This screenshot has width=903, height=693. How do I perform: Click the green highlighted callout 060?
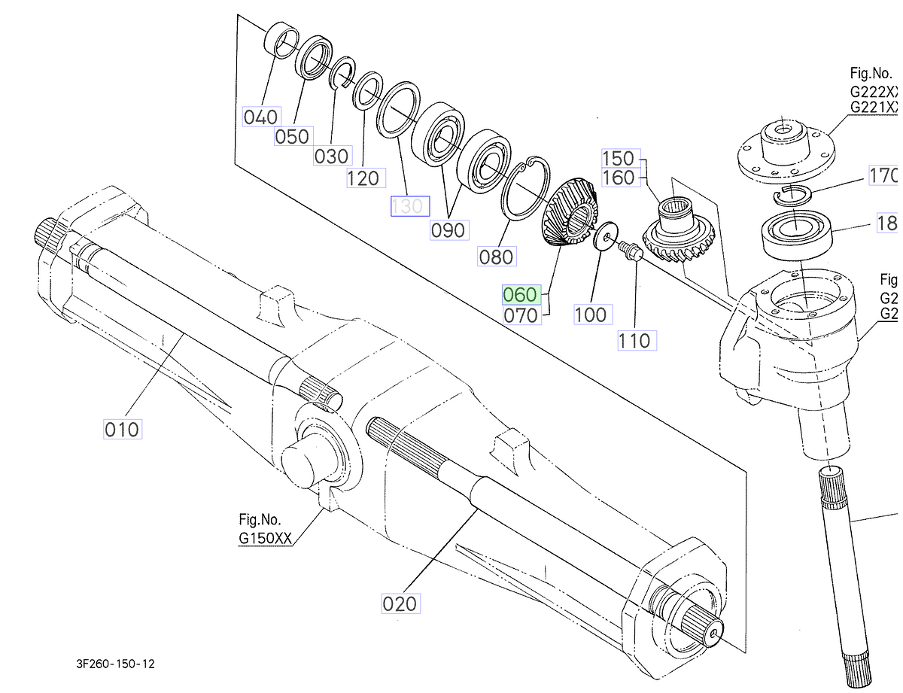point(521,293)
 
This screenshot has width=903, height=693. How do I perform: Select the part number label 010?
point(122,429)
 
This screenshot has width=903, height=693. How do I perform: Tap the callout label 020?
point(400,603)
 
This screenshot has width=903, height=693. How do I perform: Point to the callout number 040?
point(260,117)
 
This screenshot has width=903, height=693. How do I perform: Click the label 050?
point(291,136)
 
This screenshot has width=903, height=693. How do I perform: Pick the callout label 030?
point(332,156)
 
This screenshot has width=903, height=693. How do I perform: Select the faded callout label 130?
point(409,205)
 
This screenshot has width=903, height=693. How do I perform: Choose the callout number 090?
point(448,229)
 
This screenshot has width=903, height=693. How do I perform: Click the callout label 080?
point(497,257)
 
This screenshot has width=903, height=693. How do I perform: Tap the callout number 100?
point(590,315)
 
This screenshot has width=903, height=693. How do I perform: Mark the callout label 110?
point(634,341)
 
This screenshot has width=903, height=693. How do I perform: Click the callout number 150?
point(619,159)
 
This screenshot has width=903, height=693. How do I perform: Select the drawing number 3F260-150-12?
point(115,664)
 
